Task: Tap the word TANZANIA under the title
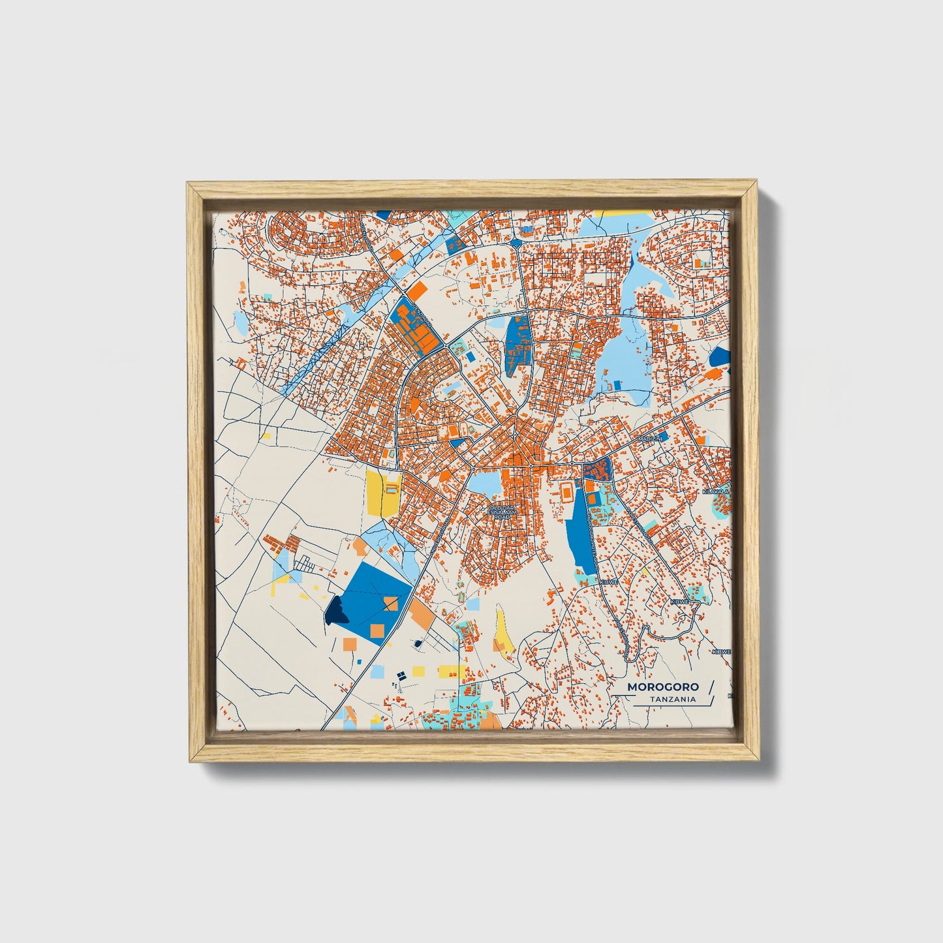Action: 672,700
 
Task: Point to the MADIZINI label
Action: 651,439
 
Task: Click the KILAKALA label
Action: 715,491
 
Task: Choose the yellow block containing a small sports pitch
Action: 384,493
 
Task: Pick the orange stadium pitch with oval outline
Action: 566,490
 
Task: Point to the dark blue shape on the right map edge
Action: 720,356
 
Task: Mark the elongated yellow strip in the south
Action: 501,630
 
